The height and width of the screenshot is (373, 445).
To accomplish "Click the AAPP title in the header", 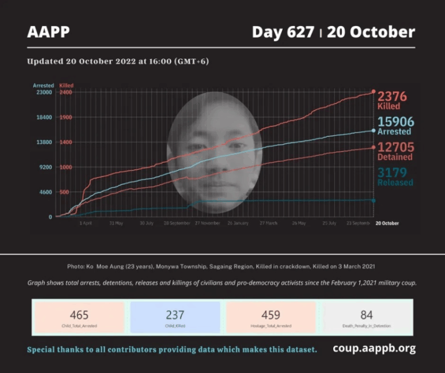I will pyautogui.click(x=48, y=32).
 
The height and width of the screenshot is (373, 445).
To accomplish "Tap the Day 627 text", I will pyautogui.click(x=283, y=32).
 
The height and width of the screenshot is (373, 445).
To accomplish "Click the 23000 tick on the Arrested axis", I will pyautogui.click(x=44, y=92).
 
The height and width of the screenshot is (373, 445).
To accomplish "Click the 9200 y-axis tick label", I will pyautogui.click(x=45, y=167).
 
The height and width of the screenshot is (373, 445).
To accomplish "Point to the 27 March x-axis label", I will pyautogui.click(x=268, y=223).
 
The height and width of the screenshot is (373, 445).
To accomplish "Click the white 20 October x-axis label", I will pyautogui.click(x=387, y=223).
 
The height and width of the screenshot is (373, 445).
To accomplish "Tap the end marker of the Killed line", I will pyautogui.click(x=373, y=92).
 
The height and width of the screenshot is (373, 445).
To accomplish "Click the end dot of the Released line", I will pyautogui.click(x=373, y=201).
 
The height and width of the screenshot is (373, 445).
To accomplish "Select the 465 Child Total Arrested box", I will pyautogui.click(x=79, y=317).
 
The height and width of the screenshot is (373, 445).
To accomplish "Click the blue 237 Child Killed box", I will pyautogui.click(x=175, y=317).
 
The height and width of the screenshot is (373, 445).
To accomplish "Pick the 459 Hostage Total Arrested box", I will pyautogui.click(x=271, y=317).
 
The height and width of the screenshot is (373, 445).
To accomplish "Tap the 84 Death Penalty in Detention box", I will pyautogui.click(x=366, y=317).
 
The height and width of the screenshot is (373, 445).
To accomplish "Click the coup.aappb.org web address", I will pyautogui.click(x=374, y=349).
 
